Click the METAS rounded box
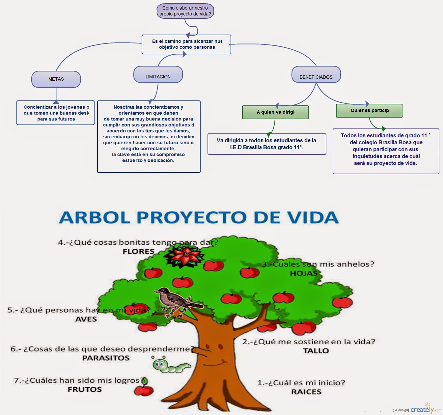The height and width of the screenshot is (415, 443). point(56,79)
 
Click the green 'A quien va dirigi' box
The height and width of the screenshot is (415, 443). point(275,112)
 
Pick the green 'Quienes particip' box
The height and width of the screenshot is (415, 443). point(369,111)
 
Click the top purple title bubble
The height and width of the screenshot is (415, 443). point(185,11)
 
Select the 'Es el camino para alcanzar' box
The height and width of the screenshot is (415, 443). point(186,44)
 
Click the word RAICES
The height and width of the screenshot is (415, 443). point(306,392)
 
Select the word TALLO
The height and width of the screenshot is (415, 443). point(316,351)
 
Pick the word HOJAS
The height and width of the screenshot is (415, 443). point(304,273)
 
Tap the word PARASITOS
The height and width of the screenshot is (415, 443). point(106,358)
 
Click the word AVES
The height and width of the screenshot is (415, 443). point(86,319)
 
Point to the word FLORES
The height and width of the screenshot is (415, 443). point(138,252)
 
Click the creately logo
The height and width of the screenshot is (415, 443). point(423,409)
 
